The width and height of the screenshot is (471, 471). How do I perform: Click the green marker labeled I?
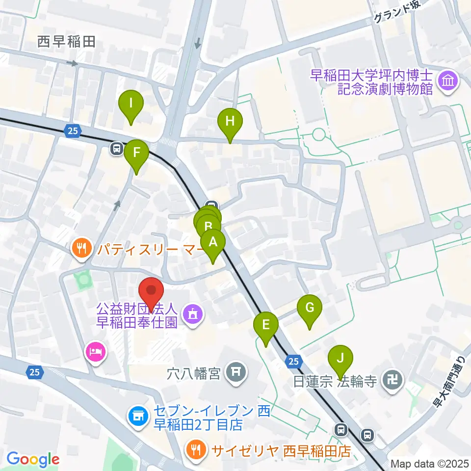click(131, 104)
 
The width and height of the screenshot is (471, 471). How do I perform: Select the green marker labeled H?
click(230, 121)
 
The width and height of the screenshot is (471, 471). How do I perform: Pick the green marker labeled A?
click(213, 242)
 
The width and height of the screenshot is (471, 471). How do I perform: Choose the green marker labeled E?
click(266, 325)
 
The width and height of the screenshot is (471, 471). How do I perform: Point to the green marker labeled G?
click(310, 308)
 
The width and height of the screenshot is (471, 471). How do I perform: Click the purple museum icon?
click(448, 80)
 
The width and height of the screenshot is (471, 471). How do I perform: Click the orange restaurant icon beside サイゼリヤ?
click(197, 448)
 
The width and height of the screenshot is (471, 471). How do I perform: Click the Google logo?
click(33, 459)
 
